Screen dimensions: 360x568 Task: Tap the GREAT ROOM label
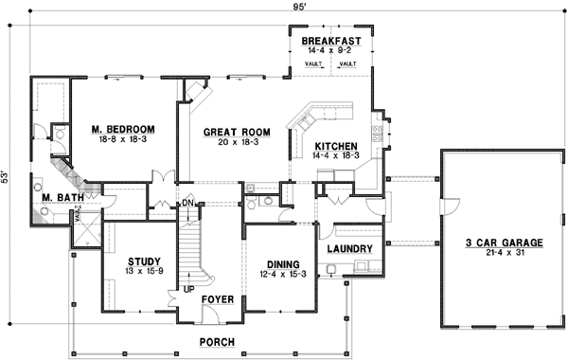pyautogui.click(x=238, y=132)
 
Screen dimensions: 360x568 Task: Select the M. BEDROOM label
pyautogui.click(x=123, y=128)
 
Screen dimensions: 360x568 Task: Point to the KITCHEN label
pyautogui.click(x=335, y=146)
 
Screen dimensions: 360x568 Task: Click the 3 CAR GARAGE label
pyautogui.click(x=503, y=243)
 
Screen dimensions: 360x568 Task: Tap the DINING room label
pyautogui.click(x=283, y=264)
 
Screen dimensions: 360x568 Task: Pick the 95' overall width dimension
pyautogui.click(x=284, y=8)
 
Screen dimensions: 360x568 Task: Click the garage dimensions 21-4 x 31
pyautogui.click(x=503, y=254)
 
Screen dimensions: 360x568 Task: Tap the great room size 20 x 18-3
pyautogui.click(x=238, y=142)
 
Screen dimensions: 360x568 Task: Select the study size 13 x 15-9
pyautogui.click(x=144, y=272)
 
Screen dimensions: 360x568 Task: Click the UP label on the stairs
pyautogui.click(x=187, y=289)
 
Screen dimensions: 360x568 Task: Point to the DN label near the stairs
pyautogui.click(x=186, y=203)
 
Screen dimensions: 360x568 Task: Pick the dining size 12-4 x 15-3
pyautogui.click(x=283, y=275)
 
